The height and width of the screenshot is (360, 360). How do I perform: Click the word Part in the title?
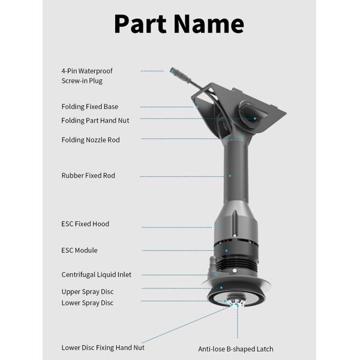143,24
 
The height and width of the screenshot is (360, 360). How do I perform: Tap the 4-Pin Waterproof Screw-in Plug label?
87,76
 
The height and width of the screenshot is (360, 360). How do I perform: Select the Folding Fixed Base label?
90,107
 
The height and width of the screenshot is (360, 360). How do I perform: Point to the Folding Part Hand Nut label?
95,121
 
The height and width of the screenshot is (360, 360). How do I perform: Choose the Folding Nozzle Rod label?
91,140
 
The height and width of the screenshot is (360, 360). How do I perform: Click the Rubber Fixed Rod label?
88,176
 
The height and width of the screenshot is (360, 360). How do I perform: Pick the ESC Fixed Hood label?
85,224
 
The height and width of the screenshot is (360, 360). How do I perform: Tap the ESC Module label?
79,250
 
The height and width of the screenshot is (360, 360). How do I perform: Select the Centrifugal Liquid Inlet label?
97,275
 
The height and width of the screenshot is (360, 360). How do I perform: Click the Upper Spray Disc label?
88,292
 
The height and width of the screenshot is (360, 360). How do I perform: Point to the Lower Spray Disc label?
88,303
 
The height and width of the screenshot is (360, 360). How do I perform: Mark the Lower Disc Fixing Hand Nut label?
103,347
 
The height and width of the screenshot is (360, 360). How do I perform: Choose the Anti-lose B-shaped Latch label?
236,349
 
